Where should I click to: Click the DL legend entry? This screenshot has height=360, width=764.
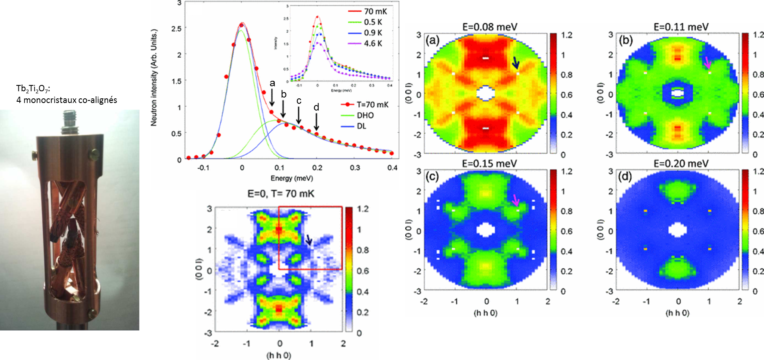tap(361, 126)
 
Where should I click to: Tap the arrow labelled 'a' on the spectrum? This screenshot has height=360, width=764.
tap(272, 99)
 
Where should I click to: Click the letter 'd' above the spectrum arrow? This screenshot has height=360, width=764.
tap(316, 107)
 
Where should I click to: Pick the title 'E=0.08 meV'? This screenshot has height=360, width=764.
tap(489, 27)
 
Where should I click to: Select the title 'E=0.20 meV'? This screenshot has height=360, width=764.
tap(681, 163)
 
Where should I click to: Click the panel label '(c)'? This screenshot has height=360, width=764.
tap(432, 176)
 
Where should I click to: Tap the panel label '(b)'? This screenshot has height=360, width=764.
tap(625, 41)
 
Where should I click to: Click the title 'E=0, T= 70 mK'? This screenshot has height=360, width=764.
tap(280, 193)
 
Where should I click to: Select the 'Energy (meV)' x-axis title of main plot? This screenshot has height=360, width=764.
tap(291, 178)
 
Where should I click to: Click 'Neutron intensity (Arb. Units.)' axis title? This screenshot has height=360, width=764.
tap(154, 77)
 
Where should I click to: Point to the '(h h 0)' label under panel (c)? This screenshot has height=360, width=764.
tap(485, 313)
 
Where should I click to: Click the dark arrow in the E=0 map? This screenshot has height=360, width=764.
tap(309, 239)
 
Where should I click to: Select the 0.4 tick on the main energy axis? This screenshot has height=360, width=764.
tap(392, 168)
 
